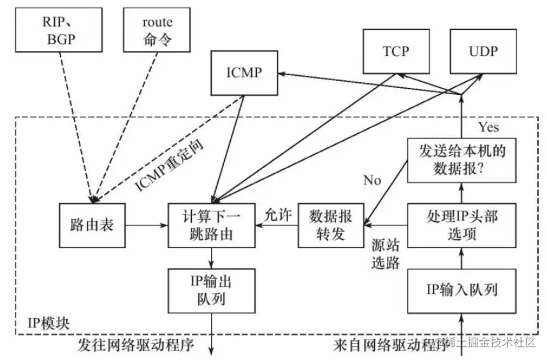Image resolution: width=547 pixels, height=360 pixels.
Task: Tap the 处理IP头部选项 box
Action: [x=461, y=226]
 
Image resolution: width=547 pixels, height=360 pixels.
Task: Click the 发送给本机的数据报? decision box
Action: [x=461, y=159]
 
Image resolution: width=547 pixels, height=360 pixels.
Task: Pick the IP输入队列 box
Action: [x=461, y=291]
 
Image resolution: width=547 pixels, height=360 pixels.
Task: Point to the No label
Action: [x=372, y=180]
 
